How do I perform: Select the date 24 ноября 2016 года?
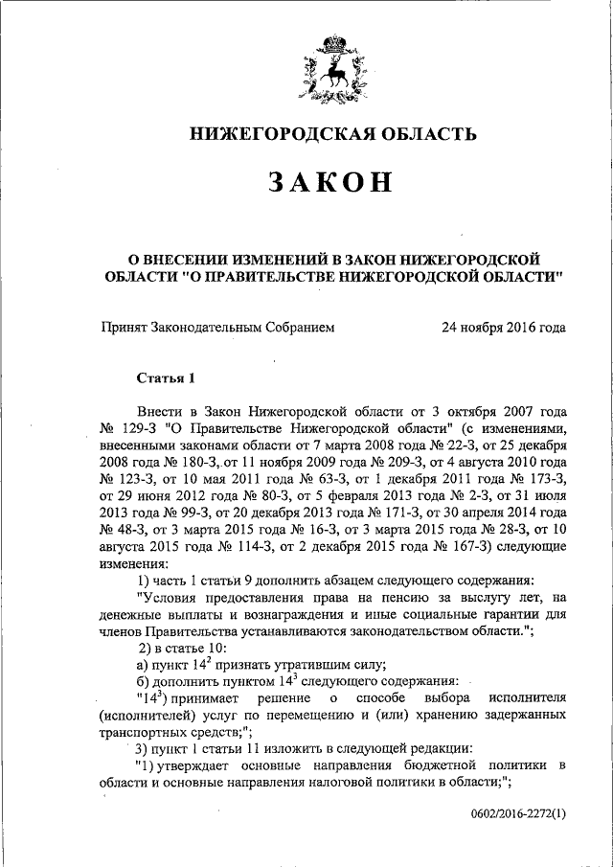[x=503, y=328]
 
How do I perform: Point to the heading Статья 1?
[x=165, y=376]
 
